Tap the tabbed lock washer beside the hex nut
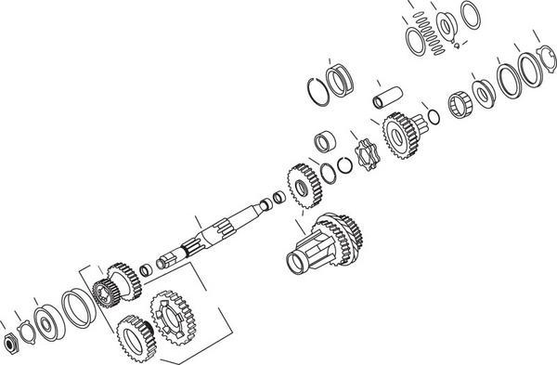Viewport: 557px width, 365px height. (25, 328)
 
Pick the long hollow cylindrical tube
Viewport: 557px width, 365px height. (384, 98)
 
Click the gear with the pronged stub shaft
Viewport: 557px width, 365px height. (406, 130)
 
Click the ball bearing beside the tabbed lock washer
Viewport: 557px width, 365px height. (45, 318)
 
